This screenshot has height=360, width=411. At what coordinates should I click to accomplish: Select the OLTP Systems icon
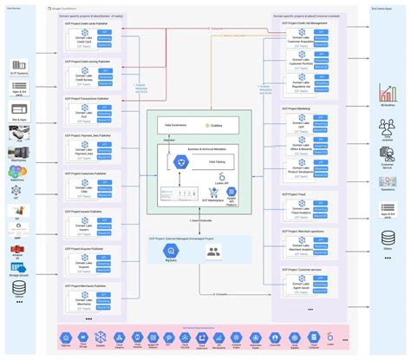pos(18,66)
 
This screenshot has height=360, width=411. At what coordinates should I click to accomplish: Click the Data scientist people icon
pos(388,130)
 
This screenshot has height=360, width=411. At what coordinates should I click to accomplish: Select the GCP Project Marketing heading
pos(299,109)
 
